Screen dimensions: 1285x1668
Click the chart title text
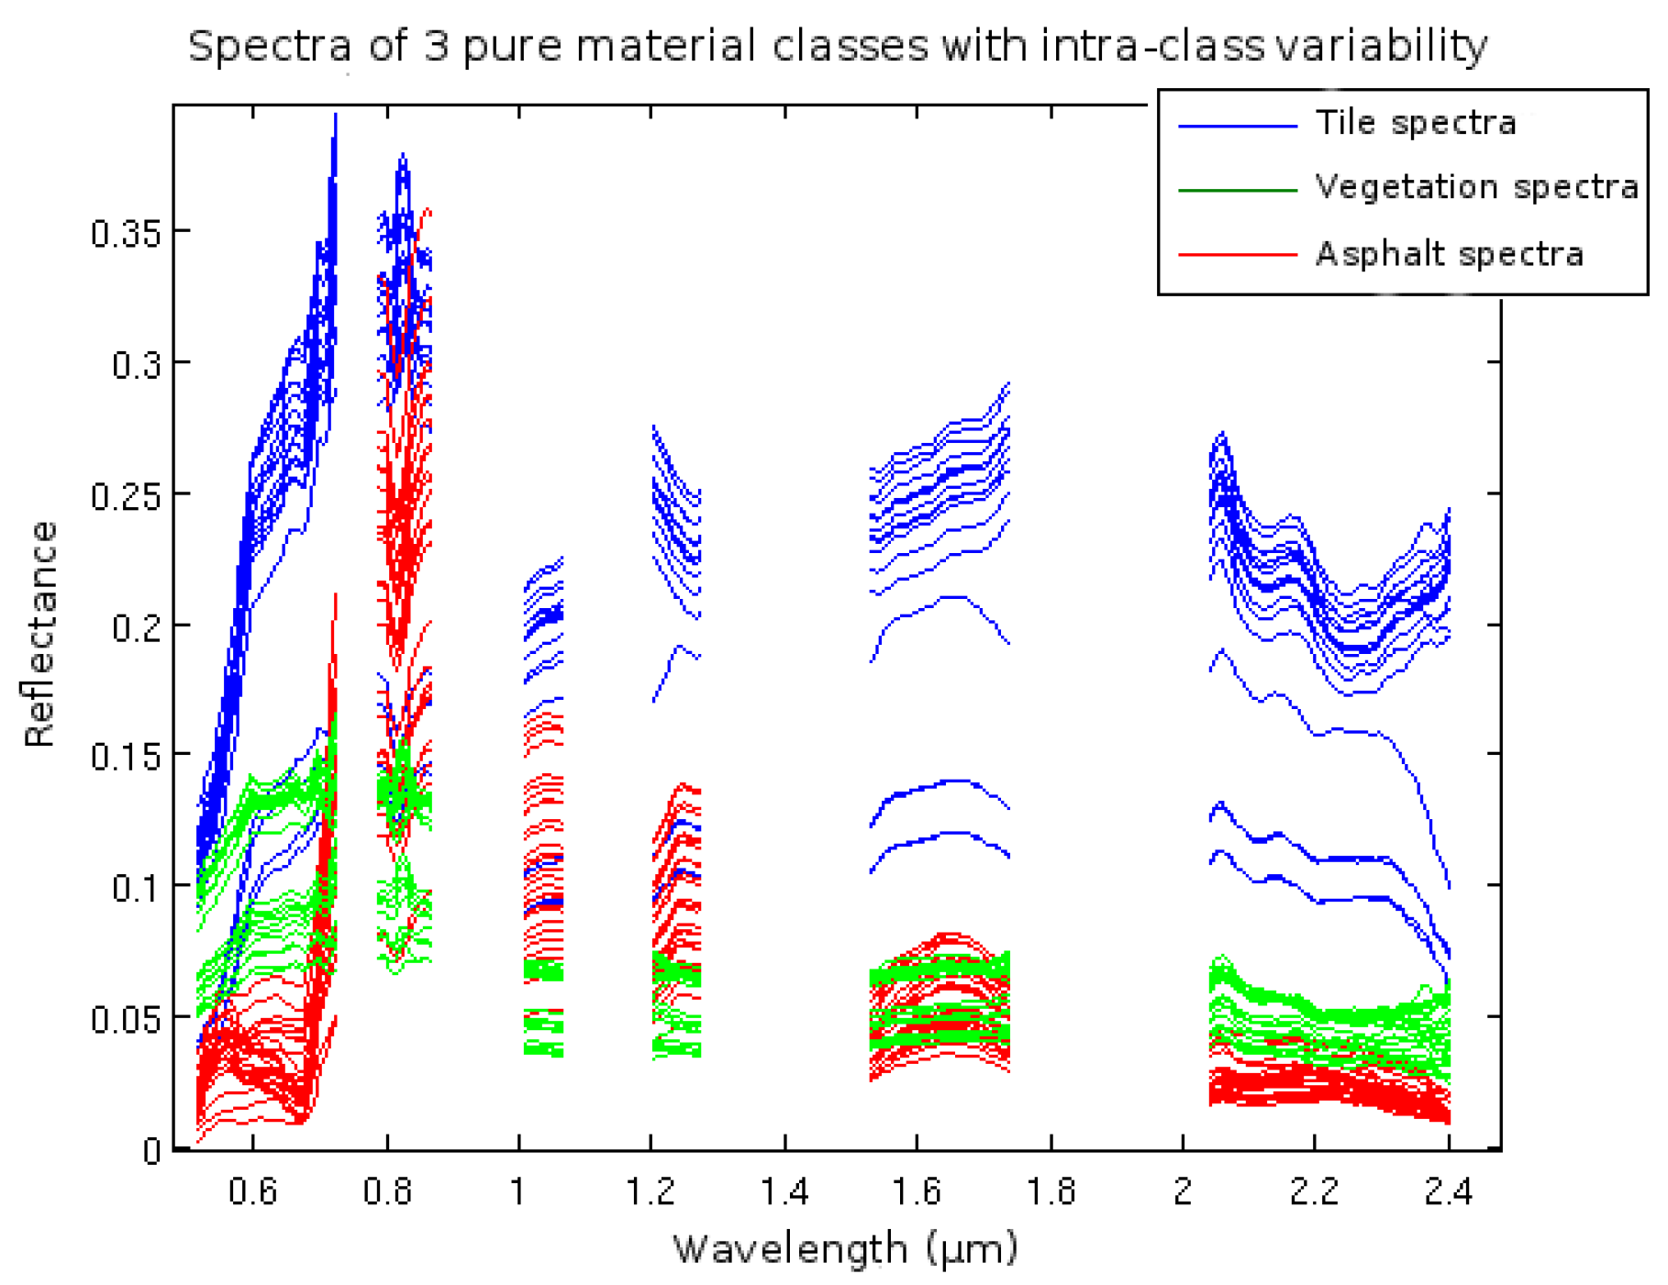coord(837,46)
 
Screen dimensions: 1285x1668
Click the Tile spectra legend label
coord(1416,122)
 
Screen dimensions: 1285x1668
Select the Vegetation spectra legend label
coord(1476,187)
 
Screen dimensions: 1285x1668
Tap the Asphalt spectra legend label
coord(1450,254)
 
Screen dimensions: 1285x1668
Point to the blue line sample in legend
coord(1237,126)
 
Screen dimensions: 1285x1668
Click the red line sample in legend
coord(1237,254)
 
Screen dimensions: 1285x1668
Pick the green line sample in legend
coord(1237,190)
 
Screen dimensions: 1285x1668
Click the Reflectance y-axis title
coord(40,634)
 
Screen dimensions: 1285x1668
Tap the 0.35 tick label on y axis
coord(126,234)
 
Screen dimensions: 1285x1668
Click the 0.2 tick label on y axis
coord(136,628)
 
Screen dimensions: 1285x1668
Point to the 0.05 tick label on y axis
coord(126,1019)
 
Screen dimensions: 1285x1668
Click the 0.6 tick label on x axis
coord(253,1191)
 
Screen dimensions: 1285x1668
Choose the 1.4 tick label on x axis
coord(784,1191)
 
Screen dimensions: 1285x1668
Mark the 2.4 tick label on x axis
coord(1449,1191)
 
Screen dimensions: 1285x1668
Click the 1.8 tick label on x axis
coord(1051,1191)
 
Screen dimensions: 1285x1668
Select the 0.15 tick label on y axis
coord(126,758)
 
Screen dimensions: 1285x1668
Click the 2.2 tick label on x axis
coord(1314,1191)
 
